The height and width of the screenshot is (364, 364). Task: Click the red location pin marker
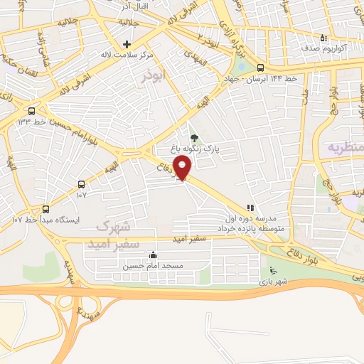click(x=184, y=168)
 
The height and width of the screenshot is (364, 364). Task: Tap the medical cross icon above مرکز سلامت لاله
click(x=127, y=44)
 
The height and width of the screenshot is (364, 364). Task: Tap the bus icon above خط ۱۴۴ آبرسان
click(x=259, y=68)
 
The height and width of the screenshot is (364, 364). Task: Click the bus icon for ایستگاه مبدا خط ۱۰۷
click(x=46, y=209)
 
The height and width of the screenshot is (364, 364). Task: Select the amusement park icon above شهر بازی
click(x=272, y=270)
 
